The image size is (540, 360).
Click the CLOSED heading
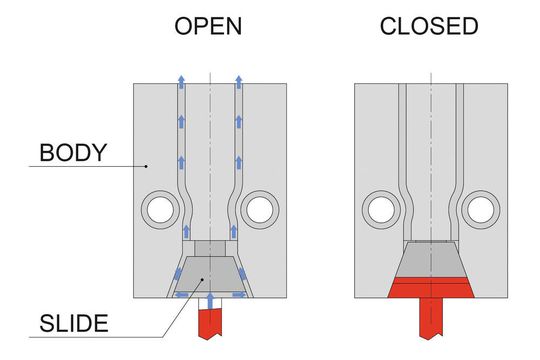429,27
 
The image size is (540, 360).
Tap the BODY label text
73,154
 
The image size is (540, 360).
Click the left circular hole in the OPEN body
158,208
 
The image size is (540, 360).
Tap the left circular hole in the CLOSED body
379,208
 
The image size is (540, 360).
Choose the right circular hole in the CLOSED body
482,208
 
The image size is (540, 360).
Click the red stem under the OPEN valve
210,322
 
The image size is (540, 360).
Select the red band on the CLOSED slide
431,288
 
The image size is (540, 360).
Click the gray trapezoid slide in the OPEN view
210,274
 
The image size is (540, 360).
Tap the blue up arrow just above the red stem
210,299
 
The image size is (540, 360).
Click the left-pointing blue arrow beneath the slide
181,294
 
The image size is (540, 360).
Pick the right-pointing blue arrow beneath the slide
240,294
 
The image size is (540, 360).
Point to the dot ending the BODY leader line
146,166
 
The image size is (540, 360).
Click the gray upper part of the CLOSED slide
431,261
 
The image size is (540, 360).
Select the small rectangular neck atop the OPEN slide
210,248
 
